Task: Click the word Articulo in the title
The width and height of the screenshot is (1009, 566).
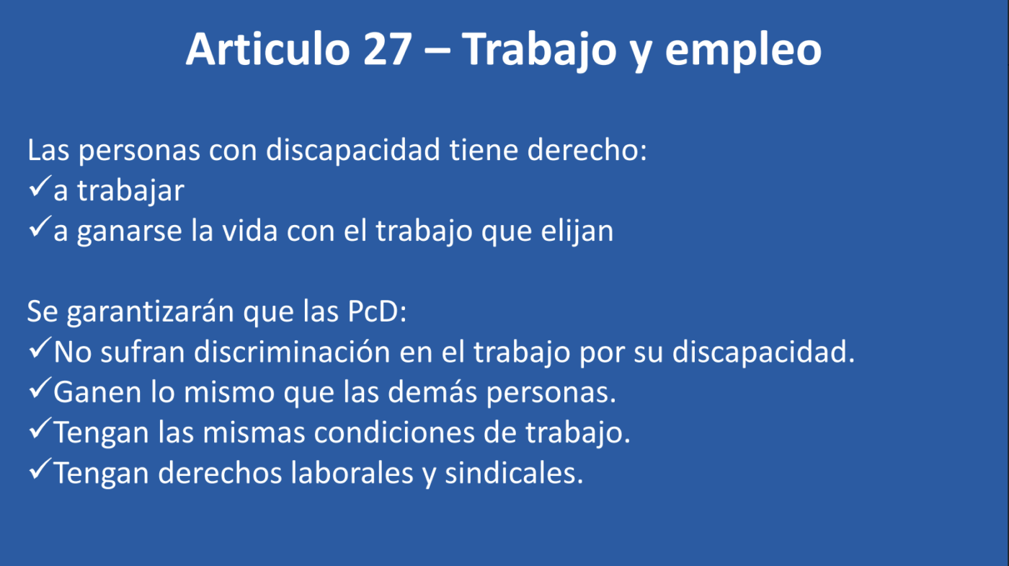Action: click(x=268, y=49)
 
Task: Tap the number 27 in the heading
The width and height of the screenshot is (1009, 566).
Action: click(x=388, y=49)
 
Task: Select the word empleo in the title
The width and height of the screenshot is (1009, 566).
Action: click(x=744, y=52)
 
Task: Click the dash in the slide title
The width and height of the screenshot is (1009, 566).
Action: click(x=437, y=51)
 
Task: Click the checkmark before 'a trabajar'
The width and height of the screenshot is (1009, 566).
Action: click(x=40, y=187)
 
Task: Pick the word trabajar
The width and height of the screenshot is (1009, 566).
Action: click(x=130, y=191)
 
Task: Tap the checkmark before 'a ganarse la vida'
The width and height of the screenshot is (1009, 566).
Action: click(x=40, y=226)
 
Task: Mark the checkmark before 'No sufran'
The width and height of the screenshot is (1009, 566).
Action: click(x=40, y=348)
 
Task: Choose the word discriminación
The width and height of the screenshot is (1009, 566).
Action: click(x=292, y=352)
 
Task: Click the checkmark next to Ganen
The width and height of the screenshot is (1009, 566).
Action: click(x=40, y=389)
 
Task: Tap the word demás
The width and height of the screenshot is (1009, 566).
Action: click(x=432, y=392)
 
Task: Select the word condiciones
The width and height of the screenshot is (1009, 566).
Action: click(x=394, y=432)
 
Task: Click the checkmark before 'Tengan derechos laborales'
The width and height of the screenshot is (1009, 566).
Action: click(x=40, y=469)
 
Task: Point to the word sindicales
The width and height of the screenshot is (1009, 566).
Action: click(x=514, y=472)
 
